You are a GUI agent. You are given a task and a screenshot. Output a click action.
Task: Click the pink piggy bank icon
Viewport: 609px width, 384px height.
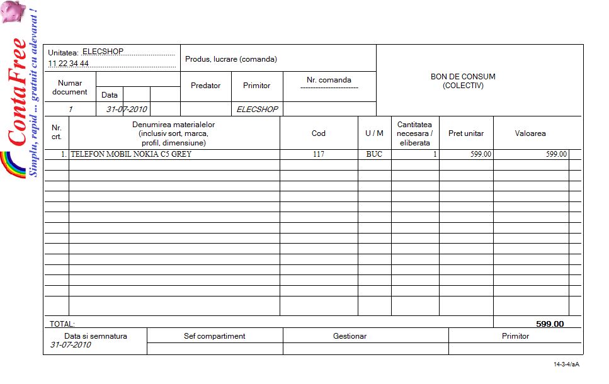click(x=13, y=11)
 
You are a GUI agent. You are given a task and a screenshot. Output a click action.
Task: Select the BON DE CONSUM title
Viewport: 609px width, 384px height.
click(x=463, y=81)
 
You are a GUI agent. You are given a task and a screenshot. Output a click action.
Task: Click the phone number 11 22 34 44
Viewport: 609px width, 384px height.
click(x=69, y=64)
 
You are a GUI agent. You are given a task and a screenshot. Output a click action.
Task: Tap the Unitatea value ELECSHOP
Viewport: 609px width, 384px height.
click(x=103, y=52)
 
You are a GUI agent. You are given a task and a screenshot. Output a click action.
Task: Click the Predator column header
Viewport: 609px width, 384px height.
click(x=205, y=86)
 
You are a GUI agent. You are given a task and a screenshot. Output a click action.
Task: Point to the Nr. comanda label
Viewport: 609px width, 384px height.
click(x=329, y=80)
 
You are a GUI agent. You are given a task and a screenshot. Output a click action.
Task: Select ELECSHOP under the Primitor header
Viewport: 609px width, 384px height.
click(x=257, y=109)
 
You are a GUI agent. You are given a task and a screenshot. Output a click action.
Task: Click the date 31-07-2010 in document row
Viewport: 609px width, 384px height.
click(x=127, y=109)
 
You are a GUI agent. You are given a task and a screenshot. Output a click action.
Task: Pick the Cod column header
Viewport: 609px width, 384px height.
click(x=319, y=133)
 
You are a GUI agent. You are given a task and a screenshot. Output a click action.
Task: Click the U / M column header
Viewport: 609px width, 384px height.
click(x=374, y=133)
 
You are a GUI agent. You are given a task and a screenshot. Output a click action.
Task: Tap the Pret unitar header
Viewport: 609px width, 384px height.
click(x=466, y=133)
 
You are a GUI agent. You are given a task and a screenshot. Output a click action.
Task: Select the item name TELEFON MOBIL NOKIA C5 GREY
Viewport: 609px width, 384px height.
click(x=131, y=154)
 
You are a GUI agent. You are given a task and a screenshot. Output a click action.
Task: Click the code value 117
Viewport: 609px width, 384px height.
click(x=319, y=154)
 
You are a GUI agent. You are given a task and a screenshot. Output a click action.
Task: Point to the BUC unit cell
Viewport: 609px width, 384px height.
click(x=374, y=154)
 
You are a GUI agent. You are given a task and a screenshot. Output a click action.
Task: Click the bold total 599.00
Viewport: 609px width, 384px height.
click(x=550, y=324)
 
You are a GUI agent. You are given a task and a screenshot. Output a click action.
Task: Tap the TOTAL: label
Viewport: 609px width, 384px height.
click(x=62, y=324)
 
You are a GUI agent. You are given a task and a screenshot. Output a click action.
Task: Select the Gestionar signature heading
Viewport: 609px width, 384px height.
click(x=350, y=336)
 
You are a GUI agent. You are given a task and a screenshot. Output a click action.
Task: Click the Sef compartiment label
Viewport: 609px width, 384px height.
click(x=214, y=336)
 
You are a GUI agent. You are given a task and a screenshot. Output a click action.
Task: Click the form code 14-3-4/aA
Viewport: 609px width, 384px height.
click(x=566, y=364)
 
